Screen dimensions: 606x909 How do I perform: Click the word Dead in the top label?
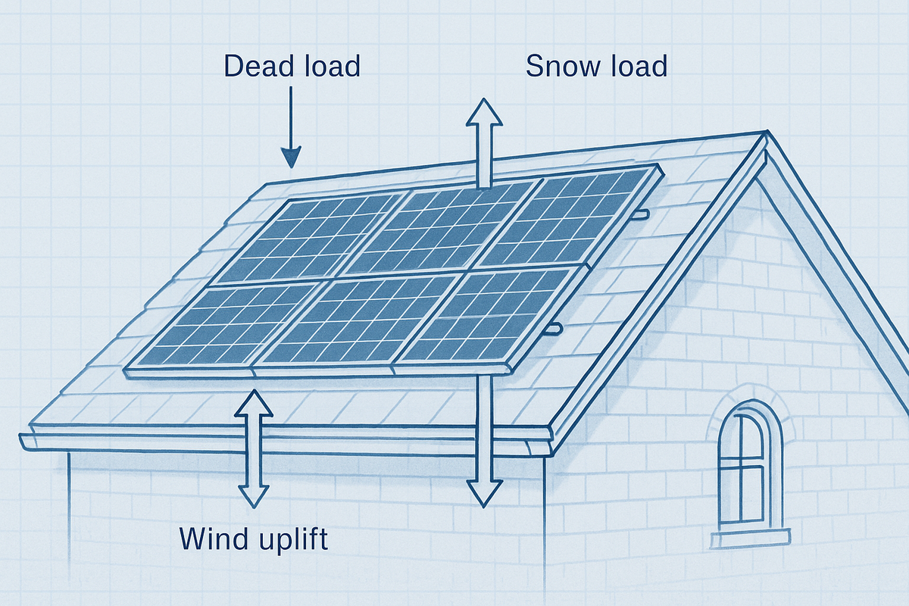pyautogui.click(x=255, y=66)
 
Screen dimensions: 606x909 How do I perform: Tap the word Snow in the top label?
pyautogui.click(x=557, y=66)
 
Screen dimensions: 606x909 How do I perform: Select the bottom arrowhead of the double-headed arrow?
pyautogui.click(x=254, y=495)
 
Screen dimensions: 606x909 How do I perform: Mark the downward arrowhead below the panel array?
pyautogui.click(x=484, y=493)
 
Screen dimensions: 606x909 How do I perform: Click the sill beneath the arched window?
pyautogui.click(x=750, y=538)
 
